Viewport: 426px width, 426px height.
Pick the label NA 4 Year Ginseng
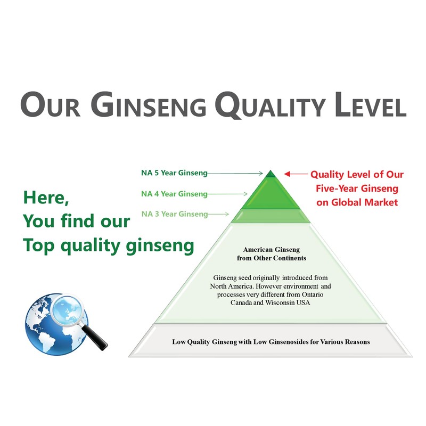tap(174, 194)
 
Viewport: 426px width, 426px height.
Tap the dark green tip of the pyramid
tap(271, 174)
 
